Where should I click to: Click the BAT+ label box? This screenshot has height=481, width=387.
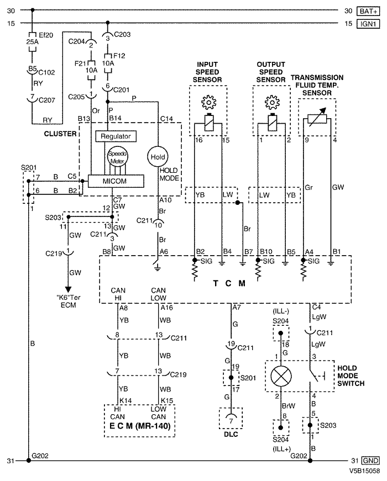[x=368, y=12]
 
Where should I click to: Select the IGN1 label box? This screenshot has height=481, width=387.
[x=368, y=24]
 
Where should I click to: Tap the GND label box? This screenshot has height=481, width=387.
[x=370, y=461]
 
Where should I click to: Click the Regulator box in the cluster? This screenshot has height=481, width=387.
[x=116, y=136]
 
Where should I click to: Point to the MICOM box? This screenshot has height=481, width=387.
[x=116, y=181]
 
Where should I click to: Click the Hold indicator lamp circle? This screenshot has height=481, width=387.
[x=158, y=157]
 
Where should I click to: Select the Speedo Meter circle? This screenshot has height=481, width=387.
[x=117, y=157]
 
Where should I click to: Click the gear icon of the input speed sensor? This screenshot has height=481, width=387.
[x=208, y=102]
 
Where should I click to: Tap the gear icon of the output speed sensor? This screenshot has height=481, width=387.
[x=272, y=102]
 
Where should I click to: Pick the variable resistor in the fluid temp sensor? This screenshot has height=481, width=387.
[x=317, y=118]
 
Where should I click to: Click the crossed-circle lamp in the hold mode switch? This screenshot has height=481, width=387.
[x=281, y=376]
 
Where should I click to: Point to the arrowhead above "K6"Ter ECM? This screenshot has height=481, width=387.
[x=68, y=289]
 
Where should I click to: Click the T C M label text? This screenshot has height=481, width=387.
[x=229, y=283]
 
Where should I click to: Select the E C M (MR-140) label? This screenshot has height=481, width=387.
[x=140, y=426]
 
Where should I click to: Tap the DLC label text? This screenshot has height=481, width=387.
[x=231, y=434]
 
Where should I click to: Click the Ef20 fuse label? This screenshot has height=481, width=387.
[x=46, y=35]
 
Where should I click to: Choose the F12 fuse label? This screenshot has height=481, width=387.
[x=119, y=56]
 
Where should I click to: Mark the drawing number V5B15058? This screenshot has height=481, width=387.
[x=364, y=471]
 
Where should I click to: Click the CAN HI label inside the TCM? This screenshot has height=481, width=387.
[x=118, y=294]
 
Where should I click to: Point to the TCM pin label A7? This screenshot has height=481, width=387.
[x=237, y=307]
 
